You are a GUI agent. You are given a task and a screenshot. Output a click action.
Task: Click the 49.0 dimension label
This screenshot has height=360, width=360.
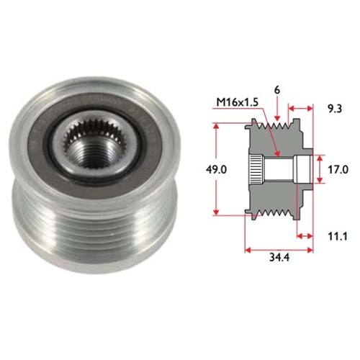[216, 170]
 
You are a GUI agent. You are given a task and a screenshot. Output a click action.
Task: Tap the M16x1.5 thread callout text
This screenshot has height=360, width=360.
[238, 102]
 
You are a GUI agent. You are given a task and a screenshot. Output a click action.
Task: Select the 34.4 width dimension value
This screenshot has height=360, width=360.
[279, 257]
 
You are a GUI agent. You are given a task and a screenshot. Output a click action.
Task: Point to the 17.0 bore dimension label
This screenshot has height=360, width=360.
[338, 170]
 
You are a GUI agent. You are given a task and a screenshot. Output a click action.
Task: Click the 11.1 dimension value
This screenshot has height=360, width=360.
[338, 237]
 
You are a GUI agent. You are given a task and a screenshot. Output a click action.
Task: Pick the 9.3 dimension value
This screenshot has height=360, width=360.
[335, 109]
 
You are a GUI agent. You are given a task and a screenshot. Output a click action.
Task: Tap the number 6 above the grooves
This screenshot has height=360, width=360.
[277, 91]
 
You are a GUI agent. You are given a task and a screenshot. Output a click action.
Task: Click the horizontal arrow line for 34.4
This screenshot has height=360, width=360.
[279, 251]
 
